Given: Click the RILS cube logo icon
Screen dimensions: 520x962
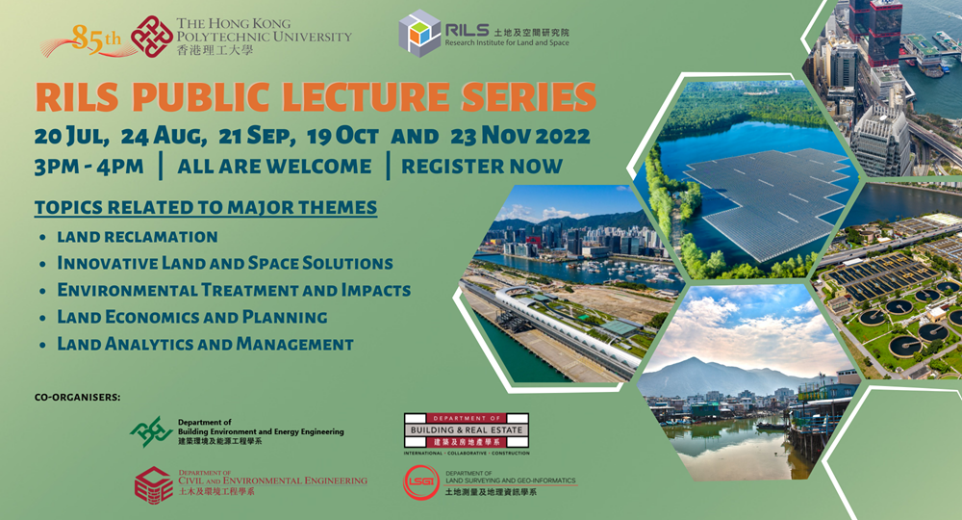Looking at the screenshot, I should [x=419, y=35].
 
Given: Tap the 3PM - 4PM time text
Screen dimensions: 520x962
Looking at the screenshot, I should [x=89, y=166].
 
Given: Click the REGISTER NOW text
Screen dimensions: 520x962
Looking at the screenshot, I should [x=481, y=166].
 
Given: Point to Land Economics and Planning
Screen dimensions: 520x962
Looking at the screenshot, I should [x=192, y=317].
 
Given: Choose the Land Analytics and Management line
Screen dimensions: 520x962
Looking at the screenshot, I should [x=205, y=344].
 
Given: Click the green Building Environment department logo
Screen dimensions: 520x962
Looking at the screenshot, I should [x=151, y=431].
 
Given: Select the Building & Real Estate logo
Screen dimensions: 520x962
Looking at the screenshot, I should [x=467, y=432].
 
